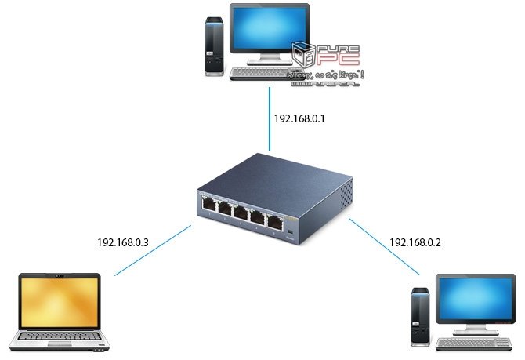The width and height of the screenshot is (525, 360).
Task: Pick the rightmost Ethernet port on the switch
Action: [x=275, y=220]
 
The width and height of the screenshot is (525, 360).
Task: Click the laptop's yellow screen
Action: [x=59, y=302]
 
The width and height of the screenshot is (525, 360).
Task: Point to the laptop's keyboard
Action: [x=57, y=338]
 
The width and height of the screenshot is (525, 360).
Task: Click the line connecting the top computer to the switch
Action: [x=270, y=118]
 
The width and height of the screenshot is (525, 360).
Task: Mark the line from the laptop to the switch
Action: [x=153, y=251]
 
